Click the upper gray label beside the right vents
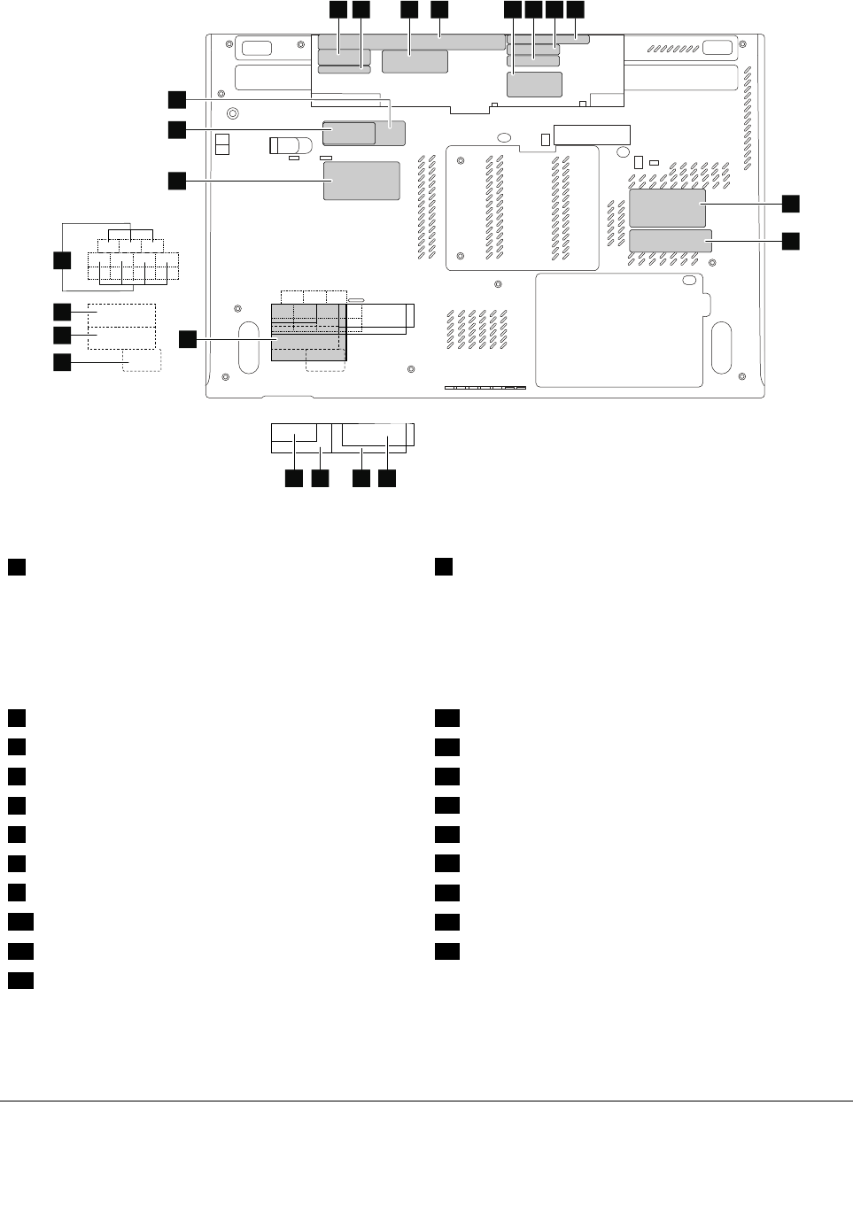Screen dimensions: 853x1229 pyautogui.click(x=667, y=207)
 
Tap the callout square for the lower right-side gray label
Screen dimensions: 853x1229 pyautogui.click(x=790, y=240)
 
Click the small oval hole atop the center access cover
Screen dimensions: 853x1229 pyautogui.click(x=502, y=137)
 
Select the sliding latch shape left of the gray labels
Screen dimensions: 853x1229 pyautogui.click(x=291, y=144)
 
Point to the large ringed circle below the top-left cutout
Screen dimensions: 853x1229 pyautogui.click(x=232, y=113)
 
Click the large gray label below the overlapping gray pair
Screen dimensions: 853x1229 pyautogui.click(x=361, y=180)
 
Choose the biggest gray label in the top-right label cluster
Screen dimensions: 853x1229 pyautogui.click(x=535, y=84)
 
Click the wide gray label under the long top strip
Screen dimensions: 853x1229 pyautogui.click(x=415, y=62)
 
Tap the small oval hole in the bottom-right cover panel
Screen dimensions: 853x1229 pyautogui.click(x=688, y=282)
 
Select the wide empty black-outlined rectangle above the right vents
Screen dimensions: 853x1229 pyautogui.click(x=592, y=135)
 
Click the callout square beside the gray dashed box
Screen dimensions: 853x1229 pyautogui.click(x=61, y=362)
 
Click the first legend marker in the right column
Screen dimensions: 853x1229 pyautogui.click(x=444, y=567)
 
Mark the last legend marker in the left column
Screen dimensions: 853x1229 pyautogui.click(x=22, y=980)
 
